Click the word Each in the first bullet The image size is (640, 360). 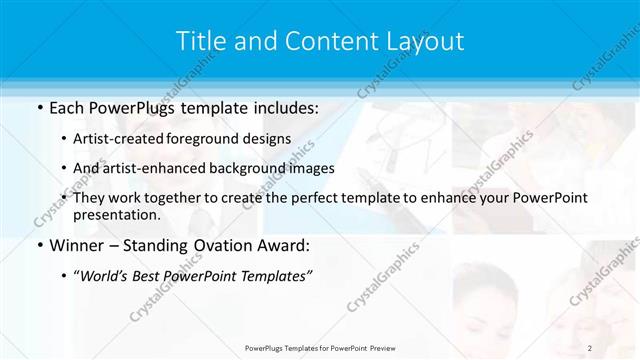(x=66, y=106)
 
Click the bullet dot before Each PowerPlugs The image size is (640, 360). (x=39, y=107)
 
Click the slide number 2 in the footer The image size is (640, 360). (x=590, y=348)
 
